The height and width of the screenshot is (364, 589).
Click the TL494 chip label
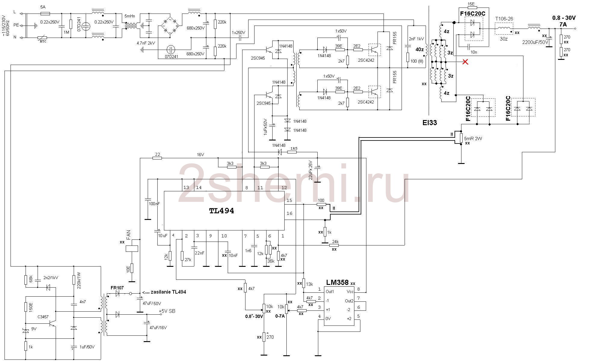coord(221,211)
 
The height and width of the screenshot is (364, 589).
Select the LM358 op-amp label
coord(337,282)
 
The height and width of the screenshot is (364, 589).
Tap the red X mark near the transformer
coord(465,62)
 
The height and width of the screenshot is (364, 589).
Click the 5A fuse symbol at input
coord(45,14)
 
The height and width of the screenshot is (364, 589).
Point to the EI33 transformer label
coord(429,122)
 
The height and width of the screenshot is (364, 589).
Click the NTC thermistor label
coord(43,41)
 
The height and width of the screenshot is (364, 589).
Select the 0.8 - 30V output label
coord(564,18)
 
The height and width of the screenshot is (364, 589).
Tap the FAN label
coord(129,235)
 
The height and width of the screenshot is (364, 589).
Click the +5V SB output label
coord(167,311)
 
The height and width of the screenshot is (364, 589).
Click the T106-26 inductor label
coord(504,19)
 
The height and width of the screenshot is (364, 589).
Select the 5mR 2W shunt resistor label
coord(473,139)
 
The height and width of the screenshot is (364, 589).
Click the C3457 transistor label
coord(43,317)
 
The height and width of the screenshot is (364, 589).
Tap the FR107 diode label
coord(117,288)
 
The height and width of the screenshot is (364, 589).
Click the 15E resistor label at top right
coord(471,4)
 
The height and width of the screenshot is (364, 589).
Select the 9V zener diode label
coord(34,329)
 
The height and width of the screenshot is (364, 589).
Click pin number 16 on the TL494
coord(289,213)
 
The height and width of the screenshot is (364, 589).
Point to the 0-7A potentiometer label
coord(280,316)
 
